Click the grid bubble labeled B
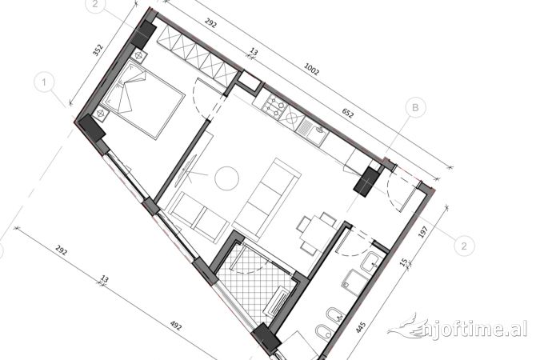click(x=414, y=106)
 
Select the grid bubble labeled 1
click(x=46, y=82)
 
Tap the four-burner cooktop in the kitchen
click(x=278, y=109)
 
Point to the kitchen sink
click(x=314, y=129)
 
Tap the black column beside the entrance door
click(x=368, y=180)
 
